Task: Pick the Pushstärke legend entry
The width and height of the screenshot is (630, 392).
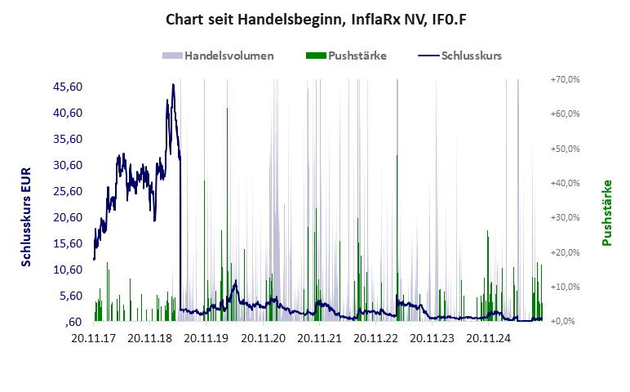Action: (357, 56)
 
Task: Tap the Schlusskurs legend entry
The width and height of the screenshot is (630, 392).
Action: (471, 56)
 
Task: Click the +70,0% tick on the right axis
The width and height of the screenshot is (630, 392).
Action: (564, 79)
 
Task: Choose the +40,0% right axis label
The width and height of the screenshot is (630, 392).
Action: (564, 183)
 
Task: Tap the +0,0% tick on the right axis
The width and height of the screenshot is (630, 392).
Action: (566, 322)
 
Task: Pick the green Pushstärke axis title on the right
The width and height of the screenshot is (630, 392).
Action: (607, 213)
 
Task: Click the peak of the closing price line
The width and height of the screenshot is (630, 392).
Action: (173, 84)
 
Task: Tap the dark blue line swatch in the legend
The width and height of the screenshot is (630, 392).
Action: (428, 56)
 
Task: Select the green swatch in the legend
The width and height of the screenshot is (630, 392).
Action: (315, 56)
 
